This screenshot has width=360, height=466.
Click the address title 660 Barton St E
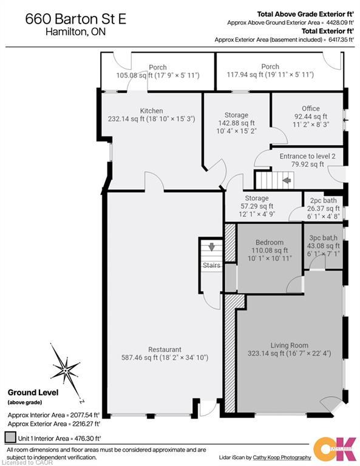pyautogui.click(x=76, y=19)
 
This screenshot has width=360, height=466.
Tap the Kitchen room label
pyautogui.click(x=151, y=111)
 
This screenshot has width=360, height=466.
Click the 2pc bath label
pyautogui.click(x=323, y=201)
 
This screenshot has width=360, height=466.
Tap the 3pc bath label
pyautogui.click(x=324, y=237)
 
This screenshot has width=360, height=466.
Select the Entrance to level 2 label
pyautogui.click(x=307, y=156)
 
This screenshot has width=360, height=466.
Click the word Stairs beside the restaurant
pyautogui.click(x=211, y=265)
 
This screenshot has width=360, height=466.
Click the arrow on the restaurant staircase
pyautogui.click(x=211, y=246)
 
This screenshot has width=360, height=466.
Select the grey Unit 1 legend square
pyautogui.click(x=10, y=437)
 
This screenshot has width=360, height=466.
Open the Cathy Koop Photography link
pyautogui.click(x=287, y=457)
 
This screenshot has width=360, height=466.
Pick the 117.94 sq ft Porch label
pyautogui.click(x=270, y=67)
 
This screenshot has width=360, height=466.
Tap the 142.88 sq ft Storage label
pyautogui.click(x=236, y=115)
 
